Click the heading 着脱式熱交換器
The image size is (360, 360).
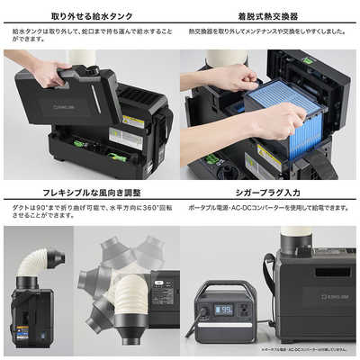pyautogui.click(x=269, y=16)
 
